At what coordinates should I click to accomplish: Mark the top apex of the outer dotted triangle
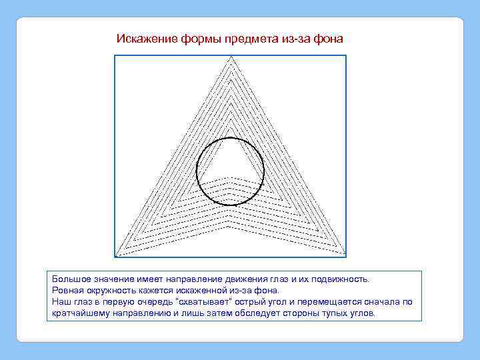click(x=231, y=56)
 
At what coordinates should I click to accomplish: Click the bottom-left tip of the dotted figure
click(x=117, y=255)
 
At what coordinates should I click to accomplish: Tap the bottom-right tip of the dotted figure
click(x=345, y=255)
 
